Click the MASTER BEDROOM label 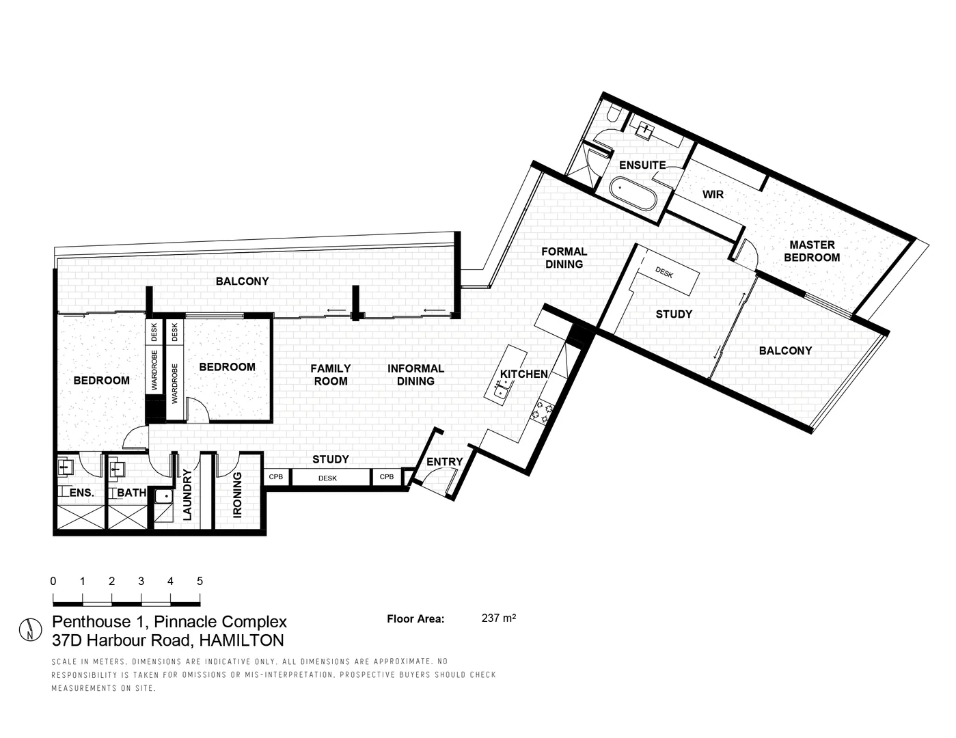pos(812,251)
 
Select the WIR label pos(713,195)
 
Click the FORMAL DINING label pos(564,258)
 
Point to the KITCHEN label pos(524,374)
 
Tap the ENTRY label pos(445,462)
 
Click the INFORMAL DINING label pos(415,374)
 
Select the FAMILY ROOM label pos(331,374)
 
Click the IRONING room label pos(237,495)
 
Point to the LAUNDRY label pos(187,495)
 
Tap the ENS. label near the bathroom pos(81,492)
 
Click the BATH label pos(131,492)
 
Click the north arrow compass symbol pos(30,629)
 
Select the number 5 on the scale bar pos(200,582)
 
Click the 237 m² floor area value pos(498,618)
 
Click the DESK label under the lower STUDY pos(327,478)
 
